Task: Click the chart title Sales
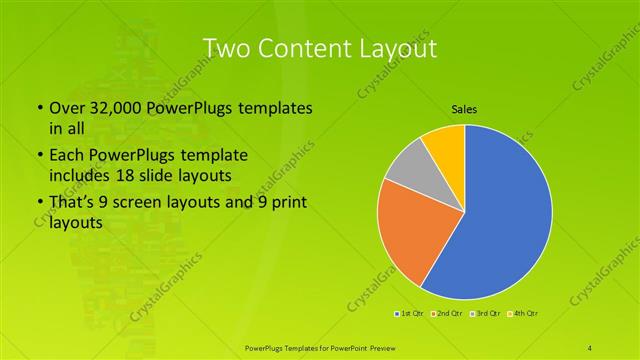(464, 110)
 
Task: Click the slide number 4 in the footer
(590, 347)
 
